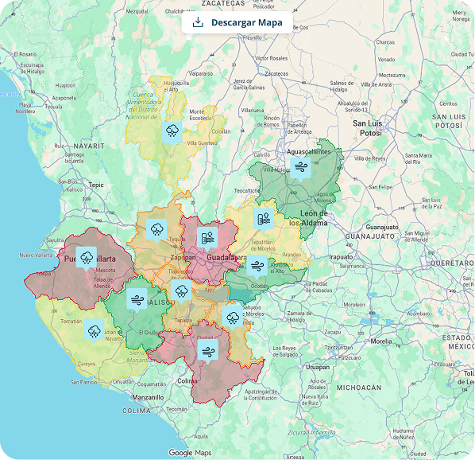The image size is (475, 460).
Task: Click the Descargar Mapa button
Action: point(237,22)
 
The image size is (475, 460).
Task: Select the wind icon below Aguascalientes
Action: point(300,166)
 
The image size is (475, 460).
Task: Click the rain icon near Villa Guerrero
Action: point(172,131)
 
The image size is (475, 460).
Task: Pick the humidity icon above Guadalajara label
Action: point(207,237)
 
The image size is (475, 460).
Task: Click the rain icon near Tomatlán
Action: point(95,330)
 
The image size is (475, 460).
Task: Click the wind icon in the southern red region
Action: point(208,349)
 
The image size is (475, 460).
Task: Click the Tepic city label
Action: point(96,185)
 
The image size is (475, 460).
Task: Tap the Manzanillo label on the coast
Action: point(149,396)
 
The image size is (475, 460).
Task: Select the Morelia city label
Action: point(380,341)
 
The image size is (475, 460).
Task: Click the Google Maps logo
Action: point(191,452)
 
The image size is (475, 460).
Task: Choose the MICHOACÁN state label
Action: point(359,388)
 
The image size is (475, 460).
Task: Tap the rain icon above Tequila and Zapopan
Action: point(156,230)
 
